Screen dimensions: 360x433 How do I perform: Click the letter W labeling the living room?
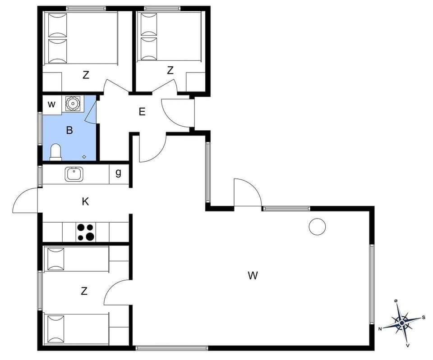[x=253, y=275]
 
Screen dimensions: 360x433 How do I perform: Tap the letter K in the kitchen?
[x=85, y=201]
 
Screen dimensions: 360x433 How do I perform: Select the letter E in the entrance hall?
[x=142, y=112]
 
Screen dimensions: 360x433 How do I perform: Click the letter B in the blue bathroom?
[x=69, y=131]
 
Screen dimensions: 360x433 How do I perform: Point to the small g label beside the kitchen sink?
[x=118, y=173]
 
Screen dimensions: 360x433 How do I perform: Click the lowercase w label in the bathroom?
[x=52, y=105]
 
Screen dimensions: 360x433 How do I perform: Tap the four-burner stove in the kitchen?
[x=86, y=232]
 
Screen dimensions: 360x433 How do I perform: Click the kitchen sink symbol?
[x=73, y=173]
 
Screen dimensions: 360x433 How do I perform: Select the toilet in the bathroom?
[x=55, y=152]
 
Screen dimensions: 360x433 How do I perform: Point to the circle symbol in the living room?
[x=317, y=227]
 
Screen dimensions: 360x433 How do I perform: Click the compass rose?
[x=401, y=322]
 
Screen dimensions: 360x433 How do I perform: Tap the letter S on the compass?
[x=424, y=317]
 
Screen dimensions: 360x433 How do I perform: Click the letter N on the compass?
[x=380, y=329]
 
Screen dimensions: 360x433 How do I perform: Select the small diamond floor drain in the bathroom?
[x=84, y=156]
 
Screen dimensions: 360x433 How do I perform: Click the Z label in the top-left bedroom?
[x=86, y=75]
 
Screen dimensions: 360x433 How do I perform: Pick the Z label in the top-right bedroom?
[x=170, y=70]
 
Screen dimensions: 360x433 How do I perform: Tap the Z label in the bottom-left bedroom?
[x=84, y=291]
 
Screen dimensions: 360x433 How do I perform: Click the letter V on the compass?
[x=408, y=346]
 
